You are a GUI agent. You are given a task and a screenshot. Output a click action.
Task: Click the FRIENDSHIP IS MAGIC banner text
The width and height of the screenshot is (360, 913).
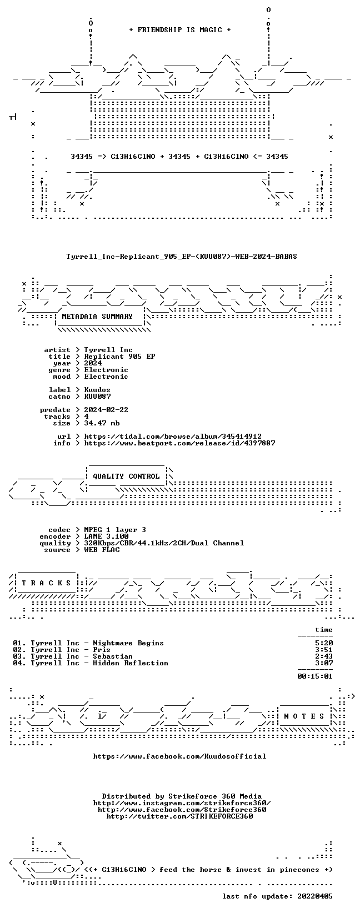pos(180,30)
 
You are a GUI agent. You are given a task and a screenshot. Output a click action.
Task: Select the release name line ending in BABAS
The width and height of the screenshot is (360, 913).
pos(182,257)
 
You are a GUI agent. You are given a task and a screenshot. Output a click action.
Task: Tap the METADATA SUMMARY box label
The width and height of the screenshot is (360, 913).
pos(97,317)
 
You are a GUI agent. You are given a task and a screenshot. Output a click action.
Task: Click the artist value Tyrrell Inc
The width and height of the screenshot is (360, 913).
pos(108,350)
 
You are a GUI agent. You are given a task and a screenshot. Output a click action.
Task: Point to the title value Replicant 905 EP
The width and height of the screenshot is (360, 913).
pos(119,356)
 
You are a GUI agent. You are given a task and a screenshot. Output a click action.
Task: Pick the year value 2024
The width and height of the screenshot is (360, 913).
pos(93,363)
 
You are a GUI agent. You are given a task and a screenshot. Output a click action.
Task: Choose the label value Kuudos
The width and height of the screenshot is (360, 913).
pos(97,390)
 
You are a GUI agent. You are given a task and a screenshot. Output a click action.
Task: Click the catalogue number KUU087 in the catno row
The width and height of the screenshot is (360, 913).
pos(97,396)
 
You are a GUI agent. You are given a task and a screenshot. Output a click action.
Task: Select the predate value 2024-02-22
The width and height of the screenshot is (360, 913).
pos(106,410)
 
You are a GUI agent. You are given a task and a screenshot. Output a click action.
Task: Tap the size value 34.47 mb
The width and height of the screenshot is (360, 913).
pos(102,423)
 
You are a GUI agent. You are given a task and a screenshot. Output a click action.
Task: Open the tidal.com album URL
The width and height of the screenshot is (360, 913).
pos(173,437)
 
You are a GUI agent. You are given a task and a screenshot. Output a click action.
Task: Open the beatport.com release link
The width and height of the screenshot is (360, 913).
pos(179,443)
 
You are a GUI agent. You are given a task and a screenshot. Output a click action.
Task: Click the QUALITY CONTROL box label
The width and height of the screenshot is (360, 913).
pos(126,476)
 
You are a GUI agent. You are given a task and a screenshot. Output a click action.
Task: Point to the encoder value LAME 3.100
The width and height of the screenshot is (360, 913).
pos(106,536)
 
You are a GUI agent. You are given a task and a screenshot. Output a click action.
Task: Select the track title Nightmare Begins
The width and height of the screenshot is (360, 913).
pos(128,643)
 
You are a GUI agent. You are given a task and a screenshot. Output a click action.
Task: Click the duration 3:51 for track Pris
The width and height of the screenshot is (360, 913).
pos(324,650)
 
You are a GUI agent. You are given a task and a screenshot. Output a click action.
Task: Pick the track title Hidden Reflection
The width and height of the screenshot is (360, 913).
pos(131,663)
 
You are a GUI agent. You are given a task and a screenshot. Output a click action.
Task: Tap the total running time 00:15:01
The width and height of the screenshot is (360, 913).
pos(315,676)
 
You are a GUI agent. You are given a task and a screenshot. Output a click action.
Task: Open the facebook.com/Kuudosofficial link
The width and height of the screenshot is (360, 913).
pos(179,756)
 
